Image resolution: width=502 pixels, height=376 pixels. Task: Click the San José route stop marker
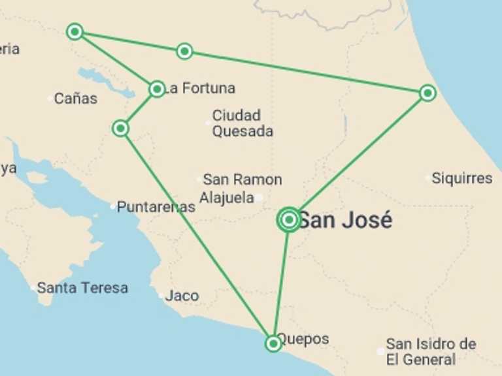coord(289,220)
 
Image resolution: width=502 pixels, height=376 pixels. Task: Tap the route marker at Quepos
coord(273,343)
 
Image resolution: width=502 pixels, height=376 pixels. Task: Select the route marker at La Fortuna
coord(157,89)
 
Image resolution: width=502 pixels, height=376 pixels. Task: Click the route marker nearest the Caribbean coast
coord(427,93)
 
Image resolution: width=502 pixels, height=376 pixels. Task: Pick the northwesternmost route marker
coord(75,31)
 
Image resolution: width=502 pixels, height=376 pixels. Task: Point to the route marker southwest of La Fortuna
coord(120,128)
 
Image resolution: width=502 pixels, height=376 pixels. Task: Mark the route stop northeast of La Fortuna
coord(185,51)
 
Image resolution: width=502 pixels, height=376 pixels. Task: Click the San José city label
coord(345,221)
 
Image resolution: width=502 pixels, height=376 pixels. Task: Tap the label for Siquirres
coord(462,178)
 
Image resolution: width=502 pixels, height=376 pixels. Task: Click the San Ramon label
coord(243,180)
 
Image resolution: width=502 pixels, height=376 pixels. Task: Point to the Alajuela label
coord(226,197)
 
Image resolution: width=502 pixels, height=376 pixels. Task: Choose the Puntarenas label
coord(156,207)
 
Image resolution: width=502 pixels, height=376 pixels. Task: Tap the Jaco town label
coord(182,296)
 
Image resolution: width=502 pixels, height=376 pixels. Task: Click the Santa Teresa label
coord(82,288)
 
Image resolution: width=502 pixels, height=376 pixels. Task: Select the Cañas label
coord(76,99)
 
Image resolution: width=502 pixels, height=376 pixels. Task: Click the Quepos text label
coord(303,339)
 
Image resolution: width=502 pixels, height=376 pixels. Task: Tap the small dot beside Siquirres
coord(428,178)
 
